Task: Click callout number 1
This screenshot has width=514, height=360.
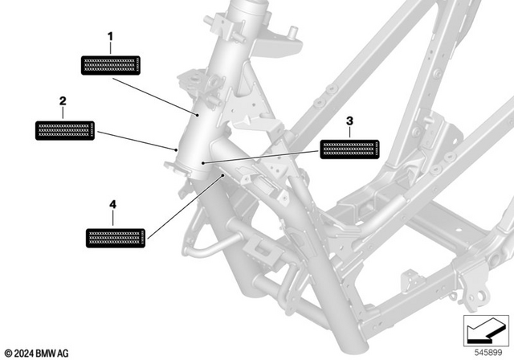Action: pos(111,37)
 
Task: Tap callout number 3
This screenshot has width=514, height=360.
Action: pos(349,121)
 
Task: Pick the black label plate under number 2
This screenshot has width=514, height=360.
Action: pos(66,130)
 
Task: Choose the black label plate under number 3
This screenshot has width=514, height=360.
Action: pos(349,149)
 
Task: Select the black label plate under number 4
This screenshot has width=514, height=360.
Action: pos(116,236)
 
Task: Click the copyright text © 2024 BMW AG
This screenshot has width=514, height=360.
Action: pos(37,353)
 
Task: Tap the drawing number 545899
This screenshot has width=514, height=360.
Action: pos(488,352)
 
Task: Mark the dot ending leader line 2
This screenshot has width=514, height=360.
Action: pos(176,149)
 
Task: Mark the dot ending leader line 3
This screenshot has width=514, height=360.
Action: pos(204,163)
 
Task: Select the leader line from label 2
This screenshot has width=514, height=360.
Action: pos(137,140)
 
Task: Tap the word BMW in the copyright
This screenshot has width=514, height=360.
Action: pos(47,353)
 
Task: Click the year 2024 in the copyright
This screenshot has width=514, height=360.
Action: pos(24,353)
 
